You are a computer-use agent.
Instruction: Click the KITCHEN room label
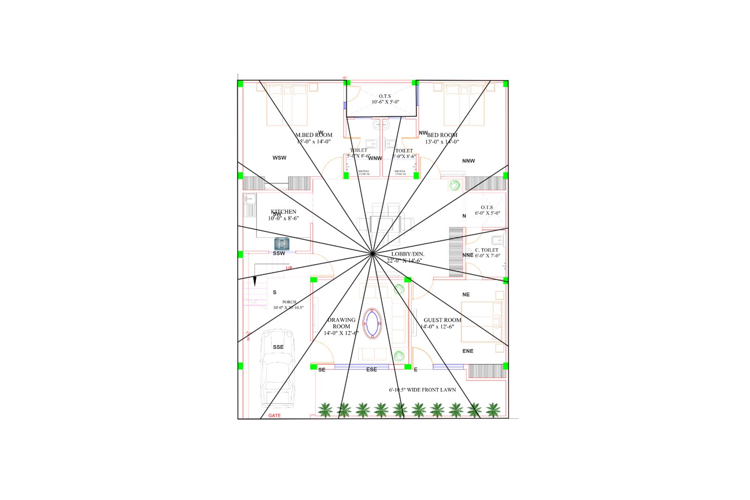284,212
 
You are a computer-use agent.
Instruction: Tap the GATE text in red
275,416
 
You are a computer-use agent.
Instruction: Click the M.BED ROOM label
314,135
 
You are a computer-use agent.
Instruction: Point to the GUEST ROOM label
442,320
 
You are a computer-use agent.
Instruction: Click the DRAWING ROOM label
341,323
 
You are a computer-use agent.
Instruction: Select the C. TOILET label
487,250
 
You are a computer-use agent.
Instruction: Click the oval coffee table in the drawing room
372,323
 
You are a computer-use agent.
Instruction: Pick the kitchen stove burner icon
282,244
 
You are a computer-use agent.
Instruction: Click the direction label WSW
279,158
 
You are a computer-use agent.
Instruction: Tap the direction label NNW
468,161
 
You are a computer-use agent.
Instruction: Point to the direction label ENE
468,351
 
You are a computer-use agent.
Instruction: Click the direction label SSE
278,347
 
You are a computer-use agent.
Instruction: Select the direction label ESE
372,370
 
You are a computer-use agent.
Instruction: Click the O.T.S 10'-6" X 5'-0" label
385,99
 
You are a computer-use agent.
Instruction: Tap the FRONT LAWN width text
422,390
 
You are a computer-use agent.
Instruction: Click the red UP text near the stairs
289,268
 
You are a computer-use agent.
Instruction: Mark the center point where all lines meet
372,254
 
